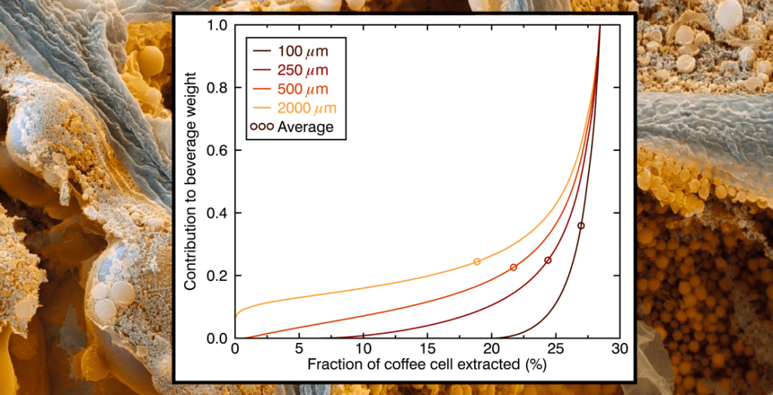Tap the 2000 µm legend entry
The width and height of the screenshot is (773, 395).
[295, 108]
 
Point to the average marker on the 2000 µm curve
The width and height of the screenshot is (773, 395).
[477, 262]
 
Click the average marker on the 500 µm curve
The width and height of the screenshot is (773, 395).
[513, 267]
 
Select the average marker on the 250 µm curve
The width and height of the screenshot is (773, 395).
[548, 261]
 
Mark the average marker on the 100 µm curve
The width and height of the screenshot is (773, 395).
[581, 226]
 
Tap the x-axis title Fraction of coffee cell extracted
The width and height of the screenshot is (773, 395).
[427, 366]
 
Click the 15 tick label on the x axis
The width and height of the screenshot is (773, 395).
[427, 350]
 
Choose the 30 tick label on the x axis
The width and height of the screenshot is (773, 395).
[620, 350]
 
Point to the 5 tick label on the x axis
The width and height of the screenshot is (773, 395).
[299, 350]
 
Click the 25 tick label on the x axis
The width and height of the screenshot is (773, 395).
[556, 350]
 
